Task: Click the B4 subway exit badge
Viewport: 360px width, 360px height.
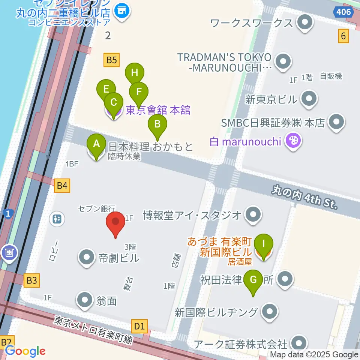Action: [62, 185]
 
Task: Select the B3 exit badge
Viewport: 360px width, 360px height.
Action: [32, 280]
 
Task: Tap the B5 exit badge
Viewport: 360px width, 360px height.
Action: [112, 60]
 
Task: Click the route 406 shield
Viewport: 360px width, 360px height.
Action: [343, 12]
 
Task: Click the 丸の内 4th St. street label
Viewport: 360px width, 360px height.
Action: [305, 198]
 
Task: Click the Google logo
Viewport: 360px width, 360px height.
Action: [25, 351]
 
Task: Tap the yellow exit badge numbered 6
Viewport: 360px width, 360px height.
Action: [343, 36]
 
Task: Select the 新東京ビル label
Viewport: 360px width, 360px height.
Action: [271, 99]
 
